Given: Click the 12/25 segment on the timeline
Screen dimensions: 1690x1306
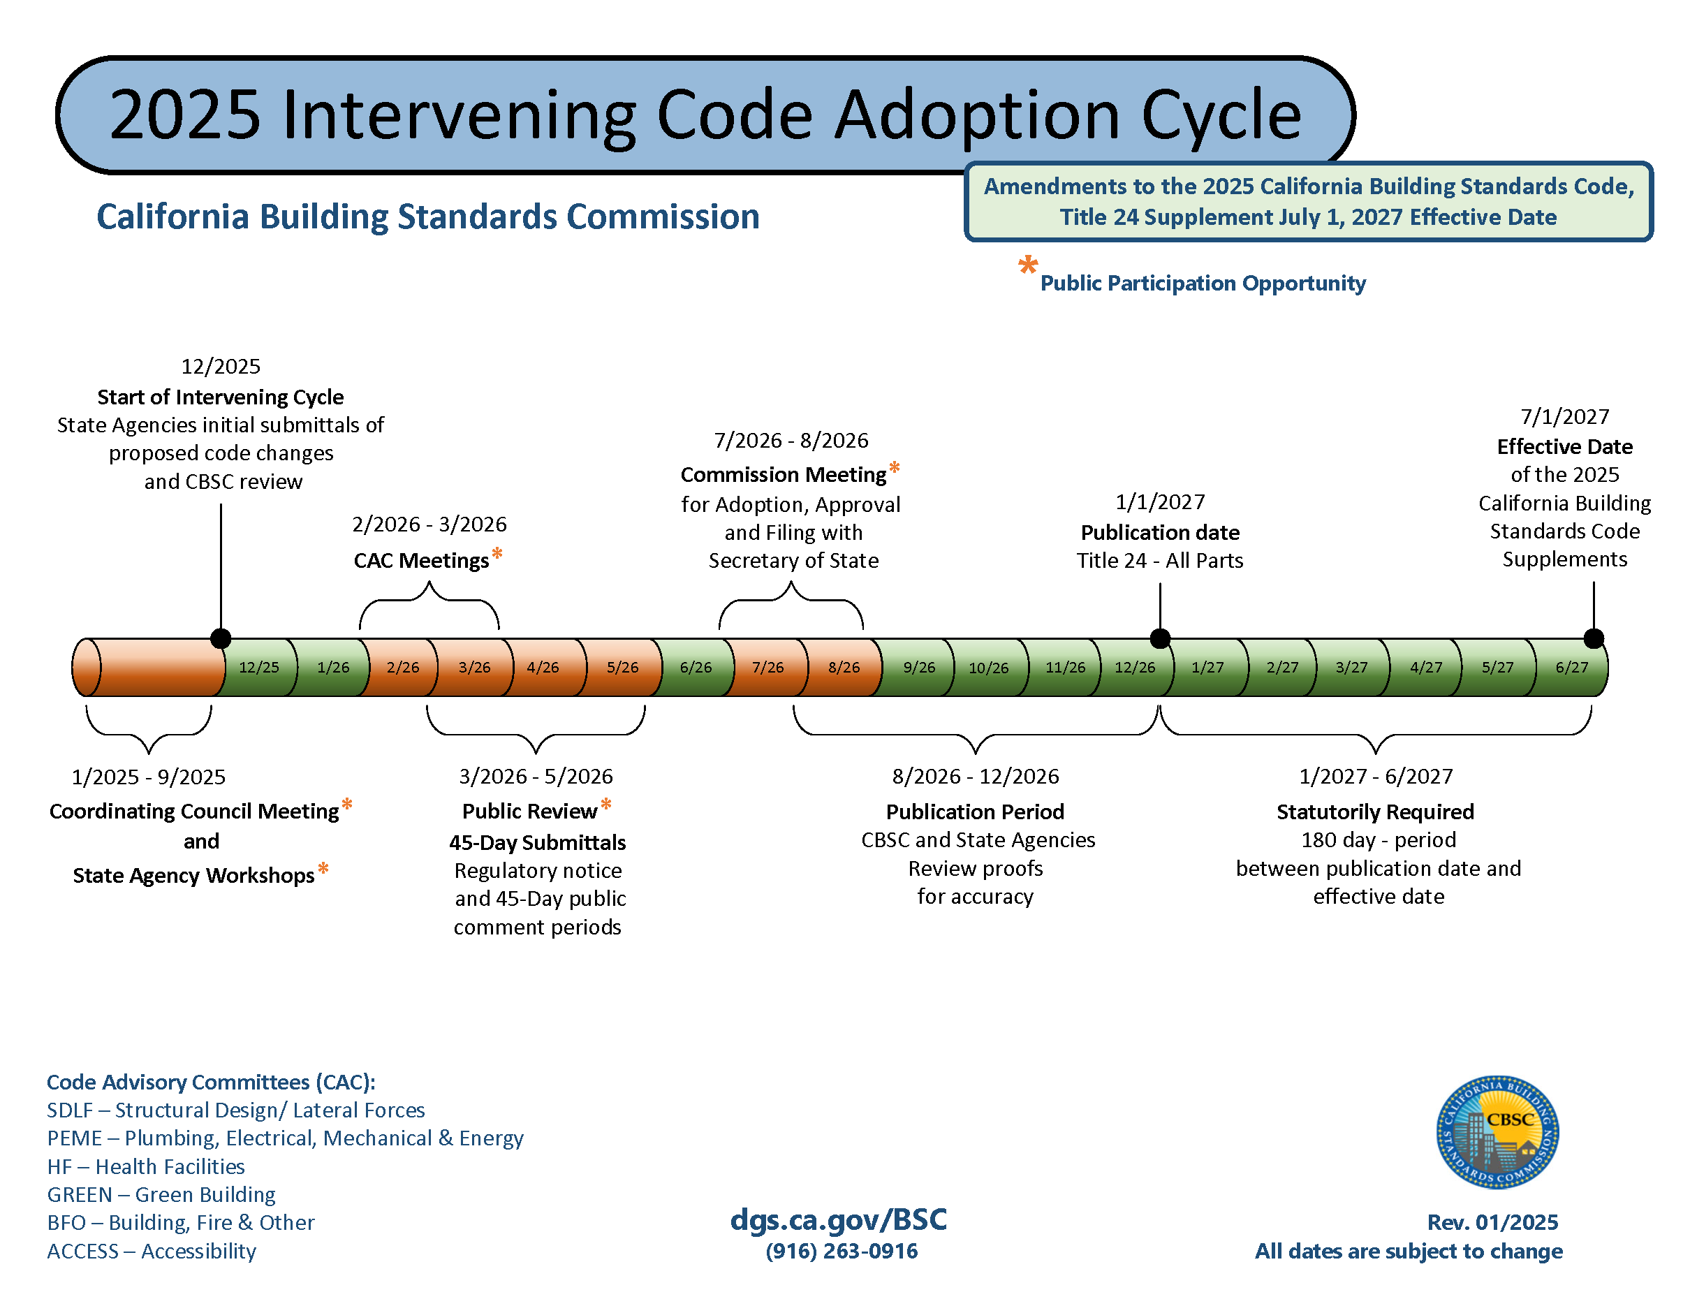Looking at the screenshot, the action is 258,667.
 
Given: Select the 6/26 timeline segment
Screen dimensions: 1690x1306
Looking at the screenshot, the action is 695,667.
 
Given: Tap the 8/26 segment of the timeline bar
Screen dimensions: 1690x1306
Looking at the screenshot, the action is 844,667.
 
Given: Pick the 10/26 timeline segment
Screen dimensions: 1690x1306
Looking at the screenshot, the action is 988,667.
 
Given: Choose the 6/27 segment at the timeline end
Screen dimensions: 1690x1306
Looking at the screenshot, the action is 1571,667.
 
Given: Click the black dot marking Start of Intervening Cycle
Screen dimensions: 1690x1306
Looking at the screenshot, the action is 221,638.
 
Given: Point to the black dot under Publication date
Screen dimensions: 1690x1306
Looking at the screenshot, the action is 1160,638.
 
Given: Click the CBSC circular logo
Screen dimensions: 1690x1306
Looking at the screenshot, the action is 1497,1132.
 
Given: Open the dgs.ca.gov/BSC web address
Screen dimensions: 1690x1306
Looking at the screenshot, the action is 839,1219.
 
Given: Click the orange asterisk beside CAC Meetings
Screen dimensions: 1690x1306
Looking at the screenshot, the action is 497,553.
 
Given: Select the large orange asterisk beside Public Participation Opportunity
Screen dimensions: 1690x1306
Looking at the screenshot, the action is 1028,265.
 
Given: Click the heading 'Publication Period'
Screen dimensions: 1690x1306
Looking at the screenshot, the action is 975,812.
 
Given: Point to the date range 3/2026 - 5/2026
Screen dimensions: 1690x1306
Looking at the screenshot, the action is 536,776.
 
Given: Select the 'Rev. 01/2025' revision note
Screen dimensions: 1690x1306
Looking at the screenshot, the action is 1492,1222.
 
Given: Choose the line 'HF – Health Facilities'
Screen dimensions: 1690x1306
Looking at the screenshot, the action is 145,1167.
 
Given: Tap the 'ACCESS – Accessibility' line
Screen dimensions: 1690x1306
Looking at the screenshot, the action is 152,1251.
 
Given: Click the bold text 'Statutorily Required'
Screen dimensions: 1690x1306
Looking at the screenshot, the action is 1375,812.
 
